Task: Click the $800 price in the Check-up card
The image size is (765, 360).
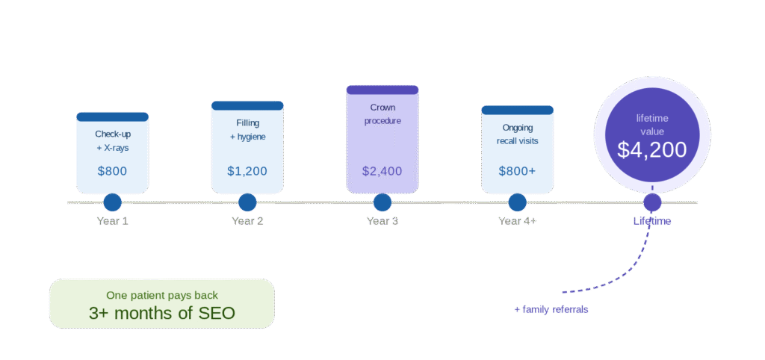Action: click(x=112, y=171)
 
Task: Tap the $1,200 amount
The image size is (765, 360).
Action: click(x=247, y=171)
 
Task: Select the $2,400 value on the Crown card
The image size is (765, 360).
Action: click(x=382, y=171)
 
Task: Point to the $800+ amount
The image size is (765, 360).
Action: click(x=517, y=171)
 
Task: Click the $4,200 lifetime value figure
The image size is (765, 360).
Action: click(x=651, y=150)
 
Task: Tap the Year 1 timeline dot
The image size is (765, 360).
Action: click(x=112, y=202)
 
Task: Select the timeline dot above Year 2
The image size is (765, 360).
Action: click(x=247, y=202)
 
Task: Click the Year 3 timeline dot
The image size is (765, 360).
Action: click(x=382, y=202)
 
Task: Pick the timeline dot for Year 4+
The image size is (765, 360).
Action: click(x=517, y=202)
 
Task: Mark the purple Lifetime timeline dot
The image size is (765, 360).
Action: click(x=652, y=202)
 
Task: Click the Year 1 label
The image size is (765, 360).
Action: click(x=112, y=221)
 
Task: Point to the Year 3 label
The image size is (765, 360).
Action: click(x=382, y=221)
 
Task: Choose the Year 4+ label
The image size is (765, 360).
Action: click(x=517, y=221)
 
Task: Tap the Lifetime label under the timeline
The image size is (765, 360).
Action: click(x=652, y=221)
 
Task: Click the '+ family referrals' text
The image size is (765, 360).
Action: click(x=551, y=309)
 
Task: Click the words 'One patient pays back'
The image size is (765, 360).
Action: click(x=161, y=295)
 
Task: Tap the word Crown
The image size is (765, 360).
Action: click(x=382, y=108)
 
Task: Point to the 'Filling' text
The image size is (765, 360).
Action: click(x=247, y=123)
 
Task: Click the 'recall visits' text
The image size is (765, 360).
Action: click(x=517, y=140)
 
